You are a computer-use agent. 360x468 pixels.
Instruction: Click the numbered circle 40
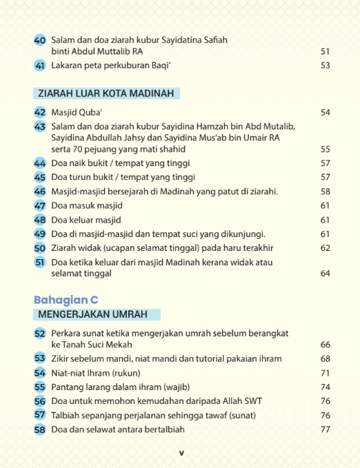click(x=40, y=41)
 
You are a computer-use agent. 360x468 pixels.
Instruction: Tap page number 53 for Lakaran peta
click(x=326, y=65)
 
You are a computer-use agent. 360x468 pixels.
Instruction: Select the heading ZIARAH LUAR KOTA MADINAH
click(x=107, y=93)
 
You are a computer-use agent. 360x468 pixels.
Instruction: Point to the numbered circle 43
click(x=40, y=127)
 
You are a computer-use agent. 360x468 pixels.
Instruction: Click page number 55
click(x=326, y=149)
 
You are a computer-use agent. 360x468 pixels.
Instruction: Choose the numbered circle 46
click(x=40, y=192)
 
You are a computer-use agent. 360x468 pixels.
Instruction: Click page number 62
click(x=326, y=248)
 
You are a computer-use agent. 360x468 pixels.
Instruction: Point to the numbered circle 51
click(x=40, y=263)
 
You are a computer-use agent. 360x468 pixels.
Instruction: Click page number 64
click(x=326, y=274)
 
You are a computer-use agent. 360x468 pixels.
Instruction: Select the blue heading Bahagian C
click(x=66, y=300)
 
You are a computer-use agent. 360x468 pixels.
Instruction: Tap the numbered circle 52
click(x=40, y=334)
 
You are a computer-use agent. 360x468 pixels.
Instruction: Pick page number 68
click(x=326, y=359)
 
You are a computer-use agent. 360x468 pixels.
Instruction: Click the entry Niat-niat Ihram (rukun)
click(x=96, y=373)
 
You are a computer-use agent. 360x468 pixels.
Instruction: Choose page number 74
click(x=326, y=387)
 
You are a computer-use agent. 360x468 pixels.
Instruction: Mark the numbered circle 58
click(x=40, y=429)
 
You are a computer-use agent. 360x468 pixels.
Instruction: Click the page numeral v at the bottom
click(x=181, y=453)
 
